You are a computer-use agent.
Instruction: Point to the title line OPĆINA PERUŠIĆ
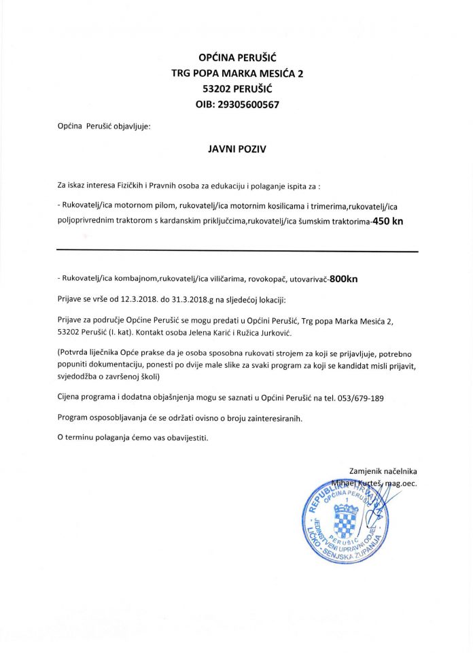tap(236, 58)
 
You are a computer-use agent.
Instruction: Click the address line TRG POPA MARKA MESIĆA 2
tap(237, 73)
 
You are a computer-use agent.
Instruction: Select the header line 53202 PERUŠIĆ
tap(237, 88)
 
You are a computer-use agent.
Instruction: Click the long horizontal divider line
tap(237, 252)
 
